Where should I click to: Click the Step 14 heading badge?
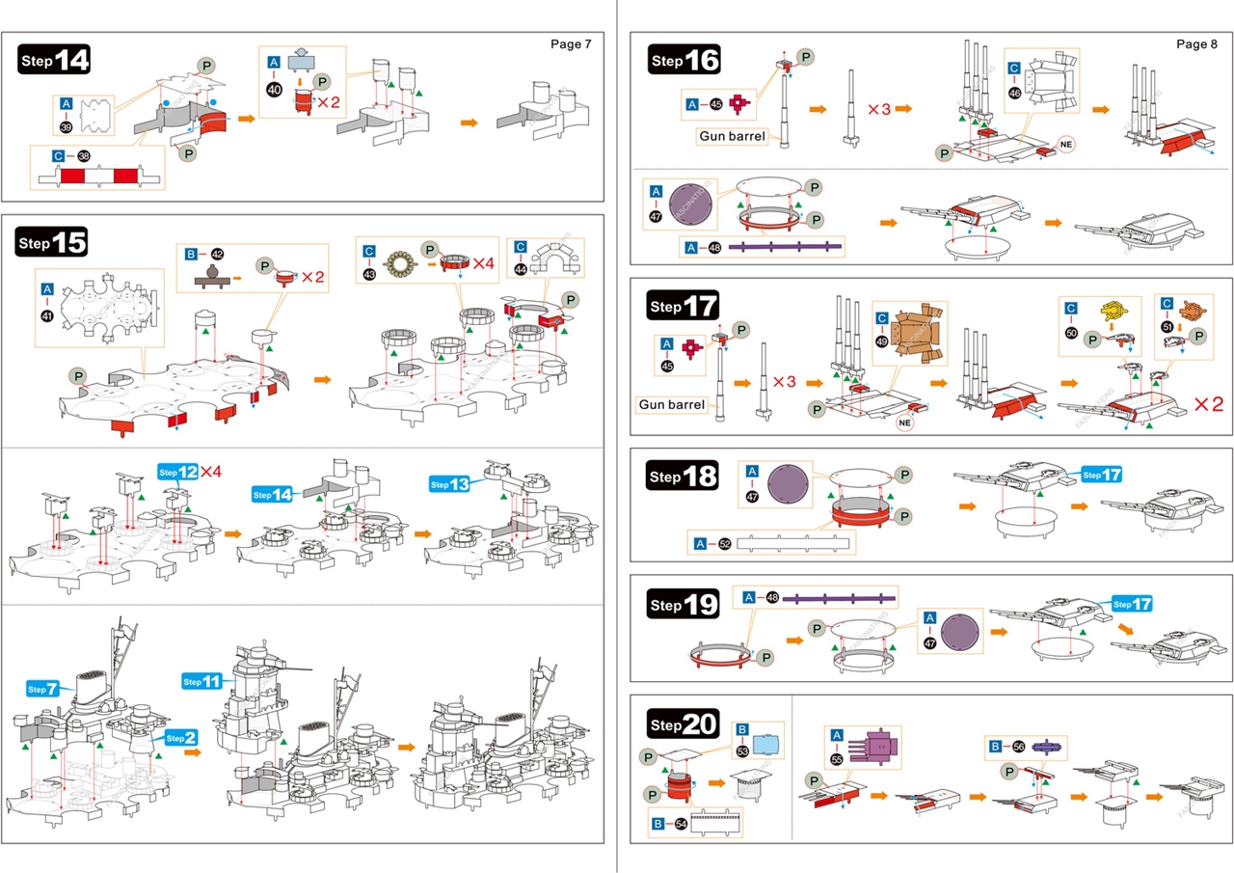[x=55, y=60]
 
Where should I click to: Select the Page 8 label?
[x=1196, y=44]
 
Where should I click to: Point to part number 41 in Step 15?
[x=47, y=314]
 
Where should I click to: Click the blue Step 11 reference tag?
[x=202, y=682]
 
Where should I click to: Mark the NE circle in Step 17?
[x=904, y=423]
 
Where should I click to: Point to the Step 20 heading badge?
[x=684, y=725]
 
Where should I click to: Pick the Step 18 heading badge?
[x=684, y=477]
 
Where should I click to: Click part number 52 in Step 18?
[x=723, y=544]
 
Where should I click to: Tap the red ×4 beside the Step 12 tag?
[x=211, y=472]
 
